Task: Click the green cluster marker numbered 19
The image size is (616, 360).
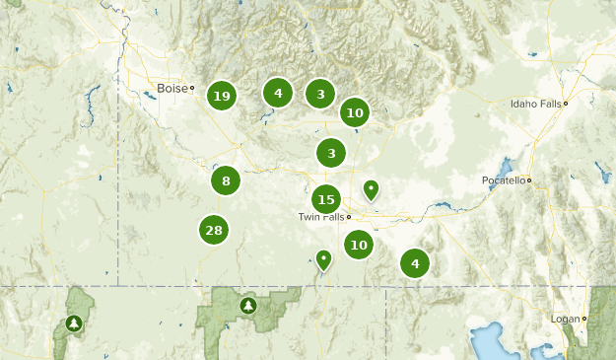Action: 221,96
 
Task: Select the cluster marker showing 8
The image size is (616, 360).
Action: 226,180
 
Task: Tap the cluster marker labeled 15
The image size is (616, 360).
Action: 326,199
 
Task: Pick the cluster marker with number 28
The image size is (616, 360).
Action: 213,231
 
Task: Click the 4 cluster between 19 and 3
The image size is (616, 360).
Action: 278,93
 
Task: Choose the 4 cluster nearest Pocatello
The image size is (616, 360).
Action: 415,263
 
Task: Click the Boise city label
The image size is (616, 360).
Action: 171,89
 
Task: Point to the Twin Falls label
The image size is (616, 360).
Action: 320,217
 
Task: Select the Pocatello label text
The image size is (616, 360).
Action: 503,180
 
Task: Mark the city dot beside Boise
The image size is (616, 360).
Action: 193,89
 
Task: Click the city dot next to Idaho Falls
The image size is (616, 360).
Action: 566,104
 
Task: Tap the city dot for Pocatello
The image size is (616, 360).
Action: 529,180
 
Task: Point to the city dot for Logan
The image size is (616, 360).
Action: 584,320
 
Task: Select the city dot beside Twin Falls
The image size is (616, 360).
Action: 349,217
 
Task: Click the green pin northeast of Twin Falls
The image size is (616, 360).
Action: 371,188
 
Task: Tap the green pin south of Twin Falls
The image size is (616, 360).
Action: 323,259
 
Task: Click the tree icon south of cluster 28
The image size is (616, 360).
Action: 247,306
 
